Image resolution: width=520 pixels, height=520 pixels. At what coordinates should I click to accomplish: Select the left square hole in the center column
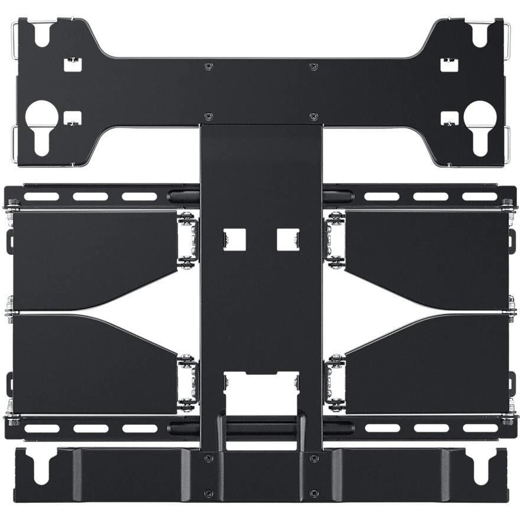click(x=233, y=239)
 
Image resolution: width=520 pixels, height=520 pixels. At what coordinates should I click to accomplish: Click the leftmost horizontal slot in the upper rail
click(x=41, y=196)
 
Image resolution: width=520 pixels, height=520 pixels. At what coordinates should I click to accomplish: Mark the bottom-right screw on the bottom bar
click(x=313, y=493)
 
